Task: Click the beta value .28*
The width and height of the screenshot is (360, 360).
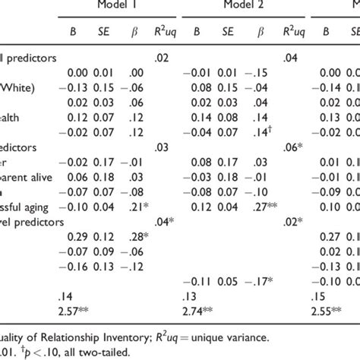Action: [x=136, y=236]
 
